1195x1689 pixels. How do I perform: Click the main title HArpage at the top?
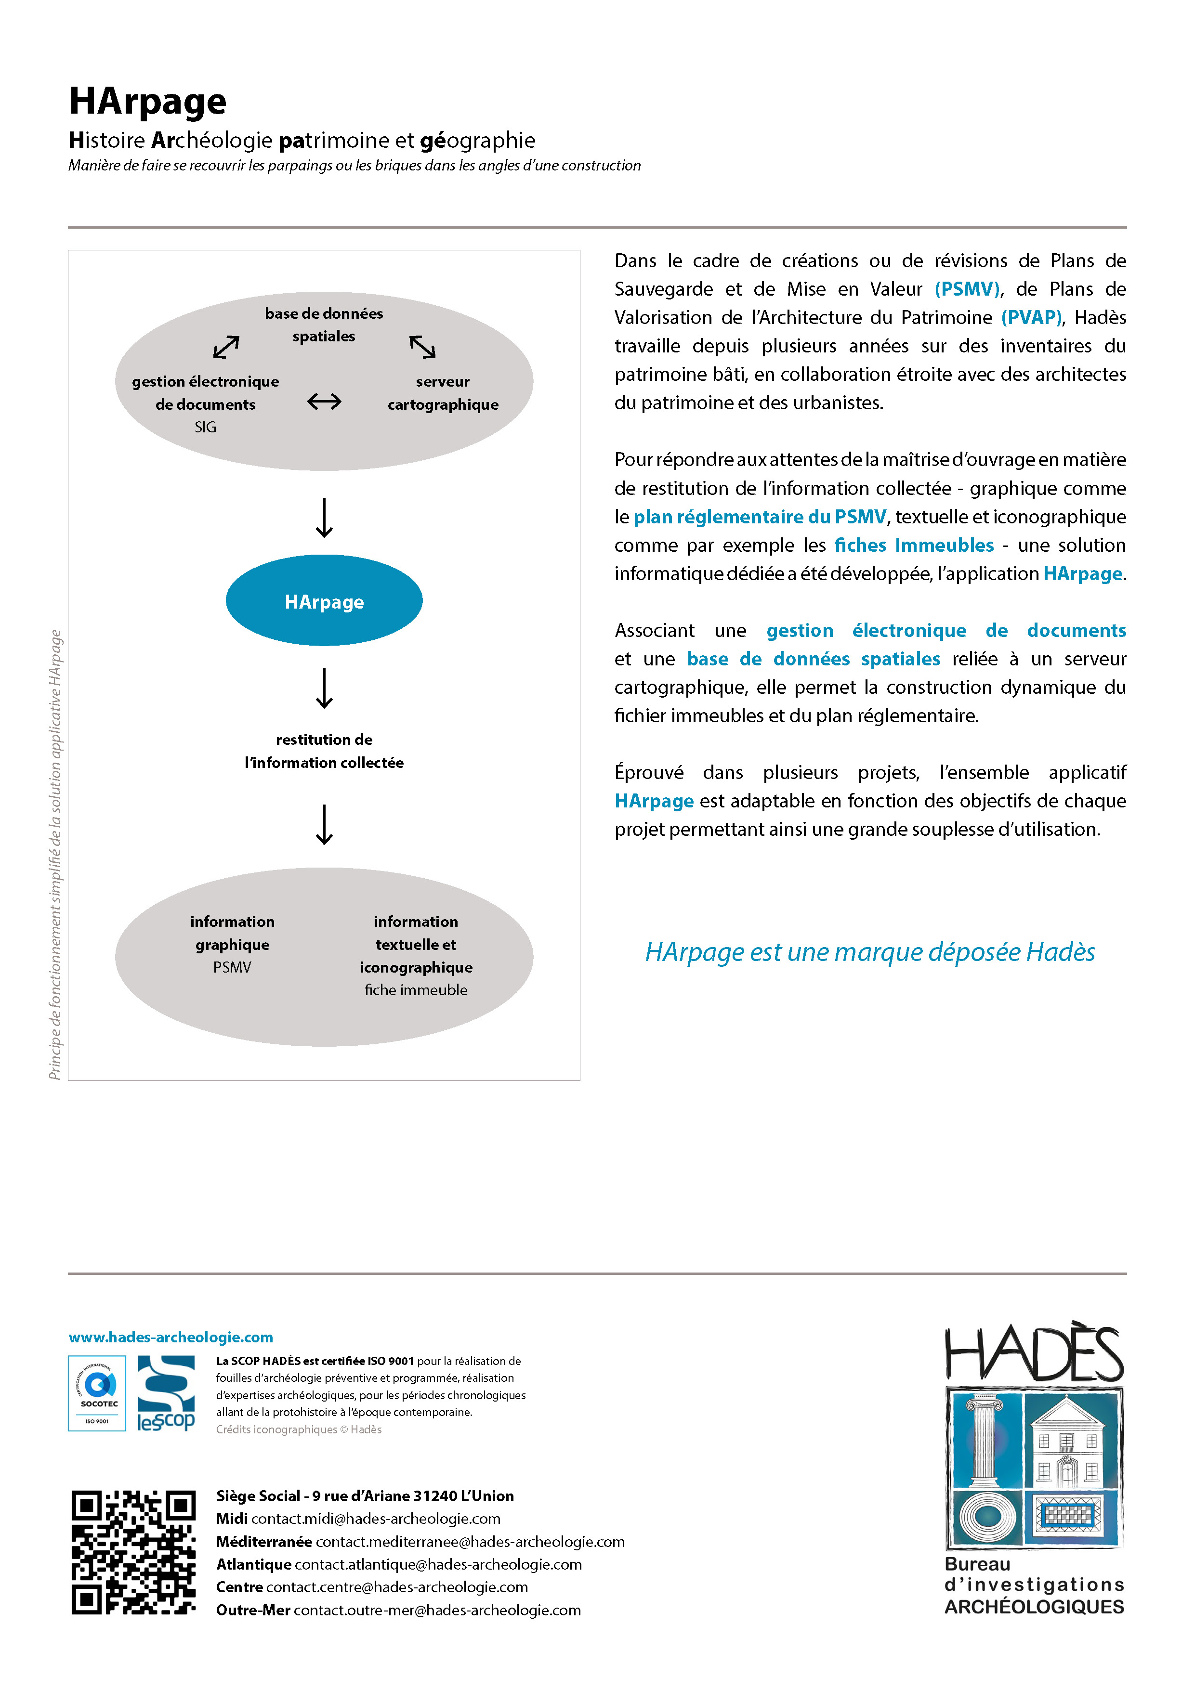coord(147,102)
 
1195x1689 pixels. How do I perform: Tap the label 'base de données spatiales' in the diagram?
coord(324,325)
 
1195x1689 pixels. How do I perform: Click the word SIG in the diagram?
coord(205,427)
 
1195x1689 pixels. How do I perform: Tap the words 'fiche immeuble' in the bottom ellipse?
coord(416,990)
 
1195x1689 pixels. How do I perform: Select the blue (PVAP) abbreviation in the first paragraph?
coord(1031,317)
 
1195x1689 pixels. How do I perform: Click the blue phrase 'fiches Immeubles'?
coord(913,545)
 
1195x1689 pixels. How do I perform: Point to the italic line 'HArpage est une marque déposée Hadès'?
coord(870,952)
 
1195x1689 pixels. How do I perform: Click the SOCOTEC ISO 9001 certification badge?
coord(97,1393)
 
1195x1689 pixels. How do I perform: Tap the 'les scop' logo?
coord(166,1393)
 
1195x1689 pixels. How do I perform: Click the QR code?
coord(133,1553)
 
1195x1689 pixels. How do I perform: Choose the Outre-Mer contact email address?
coord(437,1611)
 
